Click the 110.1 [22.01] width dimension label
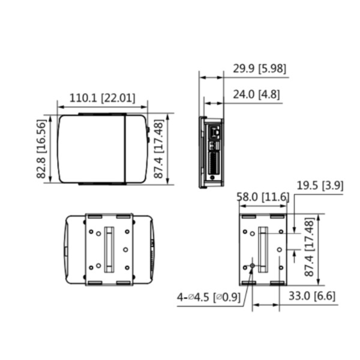click(102, 98)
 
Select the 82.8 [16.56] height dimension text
click(41, 149)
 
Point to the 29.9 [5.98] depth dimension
click(259, 69)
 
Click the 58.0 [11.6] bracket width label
click(263, 197)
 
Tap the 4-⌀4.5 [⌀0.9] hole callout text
click(209, 296)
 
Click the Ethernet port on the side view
click(214, 131)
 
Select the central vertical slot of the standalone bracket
click(262, 248)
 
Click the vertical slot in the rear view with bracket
click(109, 248)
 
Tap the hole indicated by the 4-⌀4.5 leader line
click(252, 265)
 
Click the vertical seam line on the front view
click(125, 148)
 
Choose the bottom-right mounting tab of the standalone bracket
click(277, 282)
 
